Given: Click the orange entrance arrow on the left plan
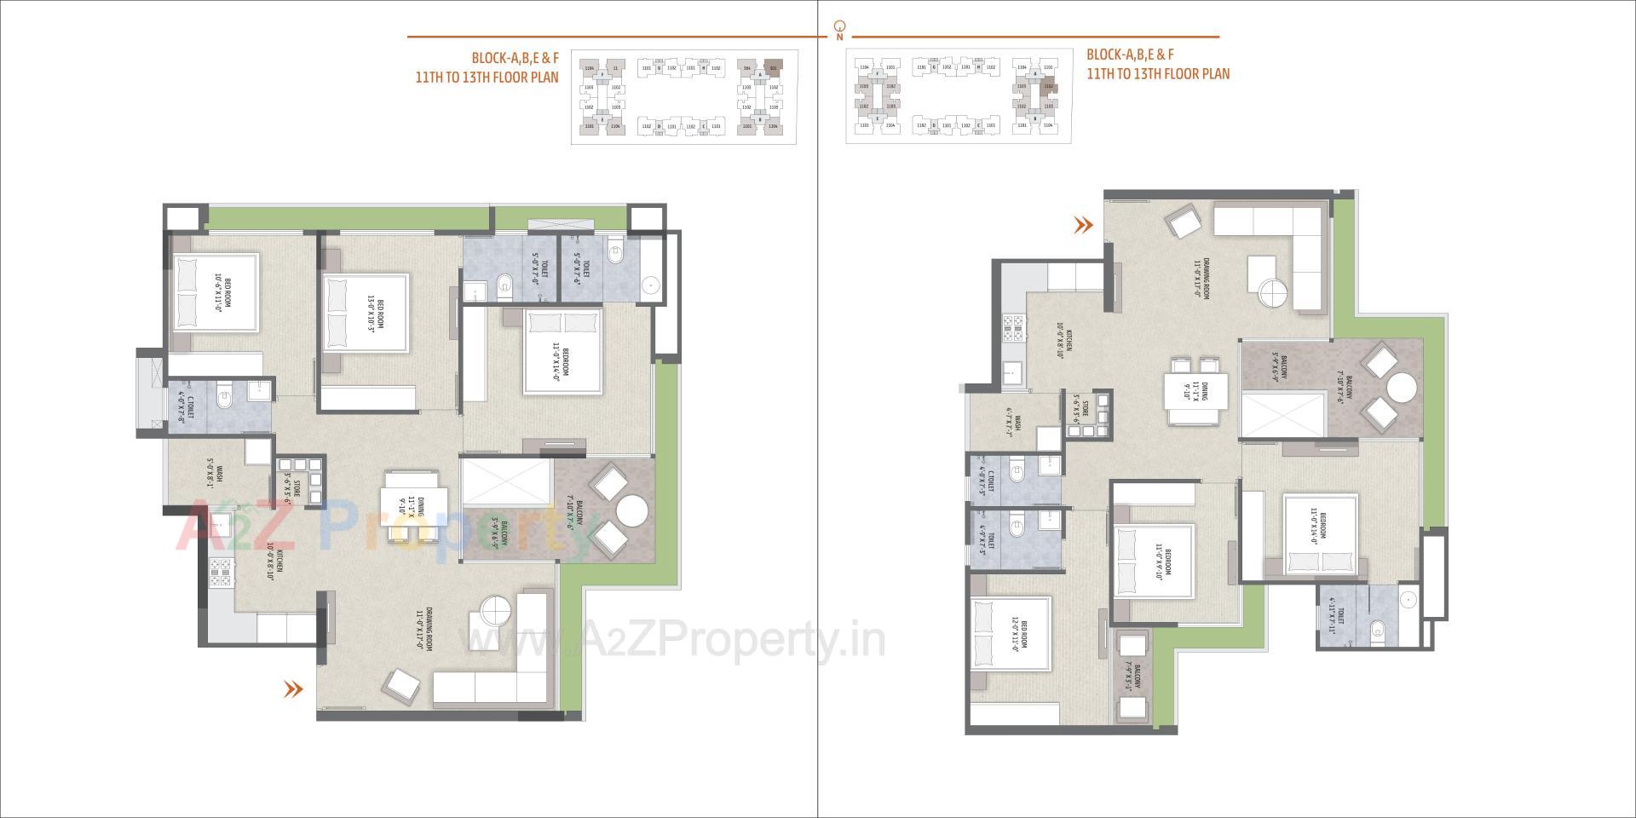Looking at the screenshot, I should [x=293, y=689].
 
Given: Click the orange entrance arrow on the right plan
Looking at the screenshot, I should [x=1083, y=225].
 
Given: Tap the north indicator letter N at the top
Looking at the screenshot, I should [x=840, y=37].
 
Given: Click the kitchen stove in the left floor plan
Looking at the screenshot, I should [x=221, y=571].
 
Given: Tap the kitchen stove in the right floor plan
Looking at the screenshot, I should [x=1014, y=328].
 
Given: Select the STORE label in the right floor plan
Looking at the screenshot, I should [x=1080, y=408].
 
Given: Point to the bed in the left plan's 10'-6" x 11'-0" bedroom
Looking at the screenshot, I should [x=215, y=291].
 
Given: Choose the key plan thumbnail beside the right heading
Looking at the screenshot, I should [x=959, y=95].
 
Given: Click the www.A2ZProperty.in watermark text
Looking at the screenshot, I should [x=673, y=639].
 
